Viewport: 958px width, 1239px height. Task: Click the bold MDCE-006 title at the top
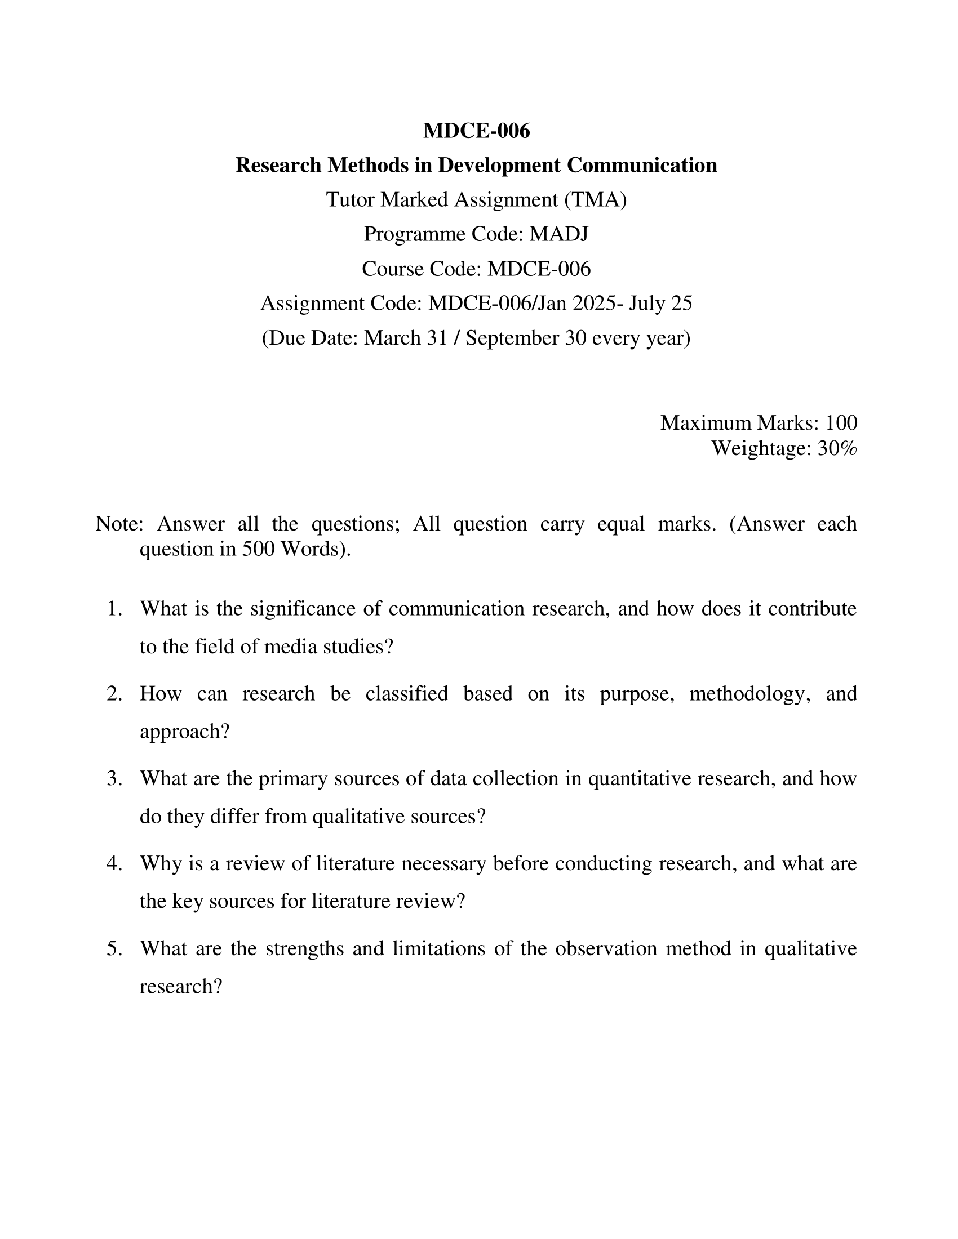476,131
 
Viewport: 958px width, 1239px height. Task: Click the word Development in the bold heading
499,166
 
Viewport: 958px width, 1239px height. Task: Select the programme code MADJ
559,234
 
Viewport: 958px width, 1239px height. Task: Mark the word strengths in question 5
304,948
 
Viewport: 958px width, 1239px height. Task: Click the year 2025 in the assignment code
594,304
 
